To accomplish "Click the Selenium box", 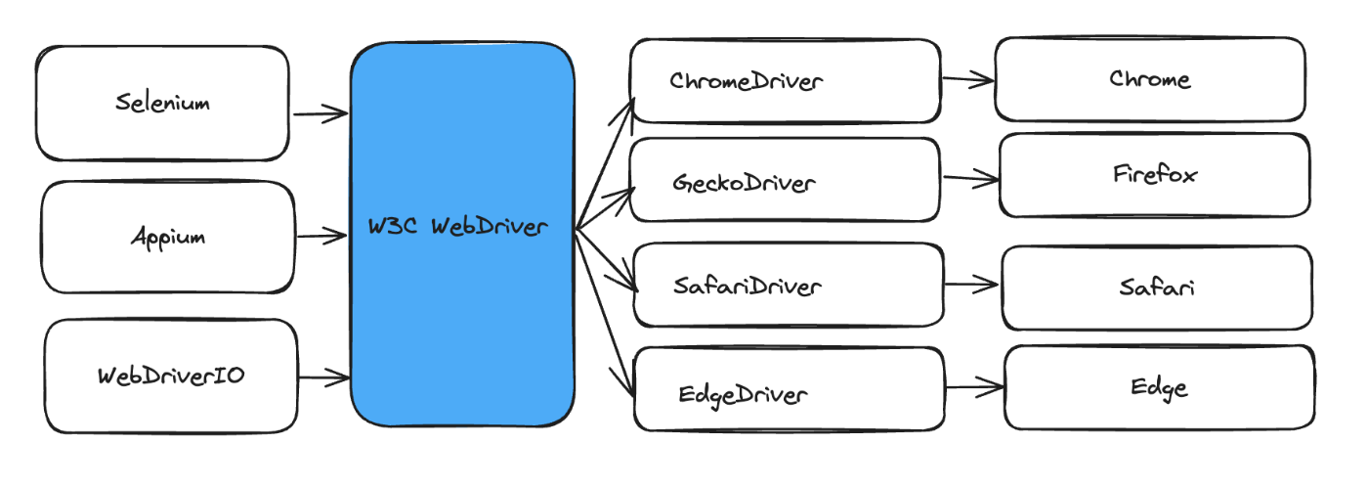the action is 162,104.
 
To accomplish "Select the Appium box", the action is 168,238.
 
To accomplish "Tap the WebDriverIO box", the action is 171,377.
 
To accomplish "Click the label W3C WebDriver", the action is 457,226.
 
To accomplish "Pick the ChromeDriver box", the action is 786,81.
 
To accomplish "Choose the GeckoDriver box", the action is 785,180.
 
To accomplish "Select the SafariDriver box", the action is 789,285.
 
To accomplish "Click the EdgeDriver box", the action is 790,389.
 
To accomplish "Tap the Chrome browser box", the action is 1150,79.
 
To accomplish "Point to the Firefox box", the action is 1155,175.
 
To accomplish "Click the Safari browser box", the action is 1157,288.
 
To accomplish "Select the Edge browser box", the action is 1160,387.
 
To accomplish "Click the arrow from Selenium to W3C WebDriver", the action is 321,113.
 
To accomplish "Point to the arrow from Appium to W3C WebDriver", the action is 321,236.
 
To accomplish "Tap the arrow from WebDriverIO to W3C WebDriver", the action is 324,377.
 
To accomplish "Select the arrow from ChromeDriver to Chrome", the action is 968,79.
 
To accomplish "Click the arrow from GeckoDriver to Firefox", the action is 971,179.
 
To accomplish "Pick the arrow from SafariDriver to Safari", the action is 971,285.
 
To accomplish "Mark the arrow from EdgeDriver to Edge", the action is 975,386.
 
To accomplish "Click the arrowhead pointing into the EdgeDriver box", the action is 626,382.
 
